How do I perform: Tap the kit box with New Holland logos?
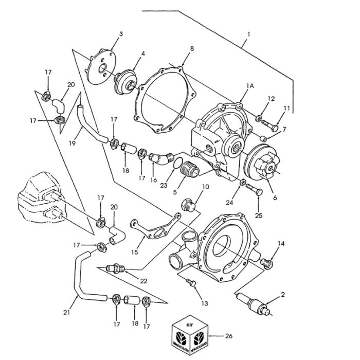point(191,337)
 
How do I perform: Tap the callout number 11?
point(287,109)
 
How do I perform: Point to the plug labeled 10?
point(188,206)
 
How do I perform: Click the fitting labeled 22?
point(116,268)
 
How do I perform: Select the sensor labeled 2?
point(252,302)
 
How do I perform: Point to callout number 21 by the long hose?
point(66,312)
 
